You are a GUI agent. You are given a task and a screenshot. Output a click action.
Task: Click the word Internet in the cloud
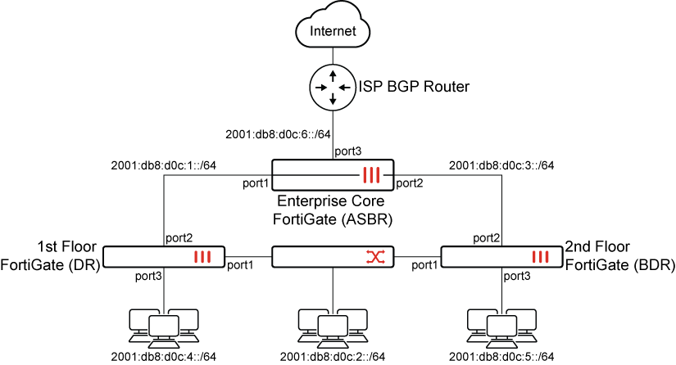333,32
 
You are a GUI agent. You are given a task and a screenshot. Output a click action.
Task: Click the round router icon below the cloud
333,87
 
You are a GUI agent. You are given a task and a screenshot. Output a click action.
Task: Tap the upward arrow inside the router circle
333,76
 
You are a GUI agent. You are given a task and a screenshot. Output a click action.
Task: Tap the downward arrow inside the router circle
333,98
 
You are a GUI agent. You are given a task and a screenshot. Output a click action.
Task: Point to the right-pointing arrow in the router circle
321,87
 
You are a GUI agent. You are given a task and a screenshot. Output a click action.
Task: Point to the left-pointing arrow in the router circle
344,87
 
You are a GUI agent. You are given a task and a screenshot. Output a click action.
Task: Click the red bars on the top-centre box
372,175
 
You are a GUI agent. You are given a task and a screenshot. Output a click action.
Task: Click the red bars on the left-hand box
203,257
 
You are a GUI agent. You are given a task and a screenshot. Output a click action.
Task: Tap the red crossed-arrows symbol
375,257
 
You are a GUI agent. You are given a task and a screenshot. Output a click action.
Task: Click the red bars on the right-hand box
541,257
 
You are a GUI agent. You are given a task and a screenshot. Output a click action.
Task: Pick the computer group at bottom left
164,328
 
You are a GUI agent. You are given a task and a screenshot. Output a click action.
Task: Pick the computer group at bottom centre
333,328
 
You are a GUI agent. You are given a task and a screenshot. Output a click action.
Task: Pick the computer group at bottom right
501,328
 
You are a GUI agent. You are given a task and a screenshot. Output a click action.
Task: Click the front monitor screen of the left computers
164,326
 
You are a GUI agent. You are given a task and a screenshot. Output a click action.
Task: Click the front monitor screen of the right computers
501,326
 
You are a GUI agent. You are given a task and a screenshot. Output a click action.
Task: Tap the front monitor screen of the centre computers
333,326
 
